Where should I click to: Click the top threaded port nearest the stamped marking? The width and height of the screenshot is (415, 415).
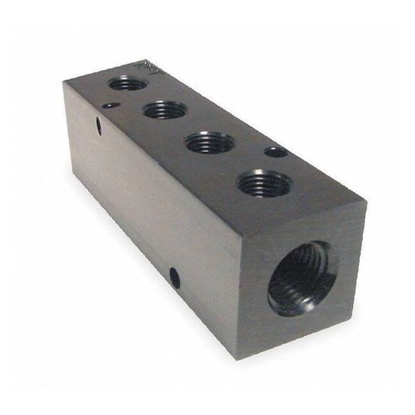tap(127, 84)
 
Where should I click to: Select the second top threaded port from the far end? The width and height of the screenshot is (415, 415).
tap(165, 110)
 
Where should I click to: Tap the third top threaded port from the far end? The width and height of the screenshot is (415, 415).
tap(210, 143)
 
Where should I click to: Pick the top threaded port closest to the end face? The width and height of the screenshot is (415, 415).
tap(264, 184)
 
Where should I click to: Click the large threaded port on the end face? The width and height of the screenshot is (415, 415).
tap(302, 279)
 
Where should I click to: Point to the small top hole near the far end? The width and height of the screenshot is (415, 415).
tap(110, 106)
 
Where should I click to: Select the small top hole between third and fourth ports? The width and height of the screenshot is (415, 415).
tap(276, 152)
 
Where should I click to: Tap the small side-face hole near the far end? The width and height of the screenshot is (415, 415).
tap(98, 127)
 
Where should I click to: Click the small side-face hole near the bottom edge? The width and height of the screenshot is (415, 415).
tap(174, 279)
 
